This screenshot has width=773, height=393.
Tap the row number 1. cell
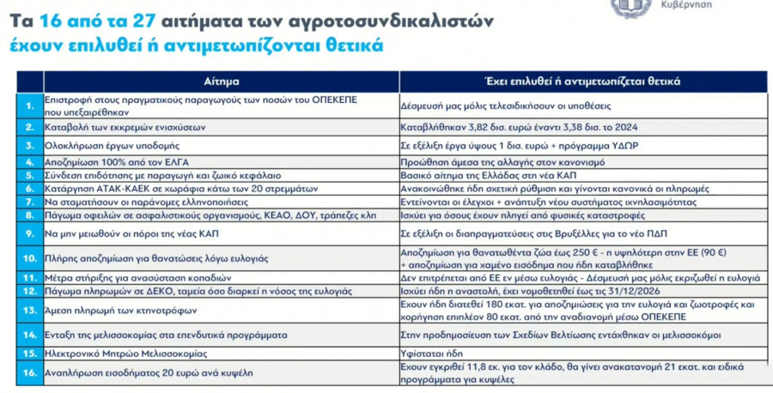click(28, 105)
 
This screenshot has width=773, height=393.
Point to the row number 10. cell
click(28, 257)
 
